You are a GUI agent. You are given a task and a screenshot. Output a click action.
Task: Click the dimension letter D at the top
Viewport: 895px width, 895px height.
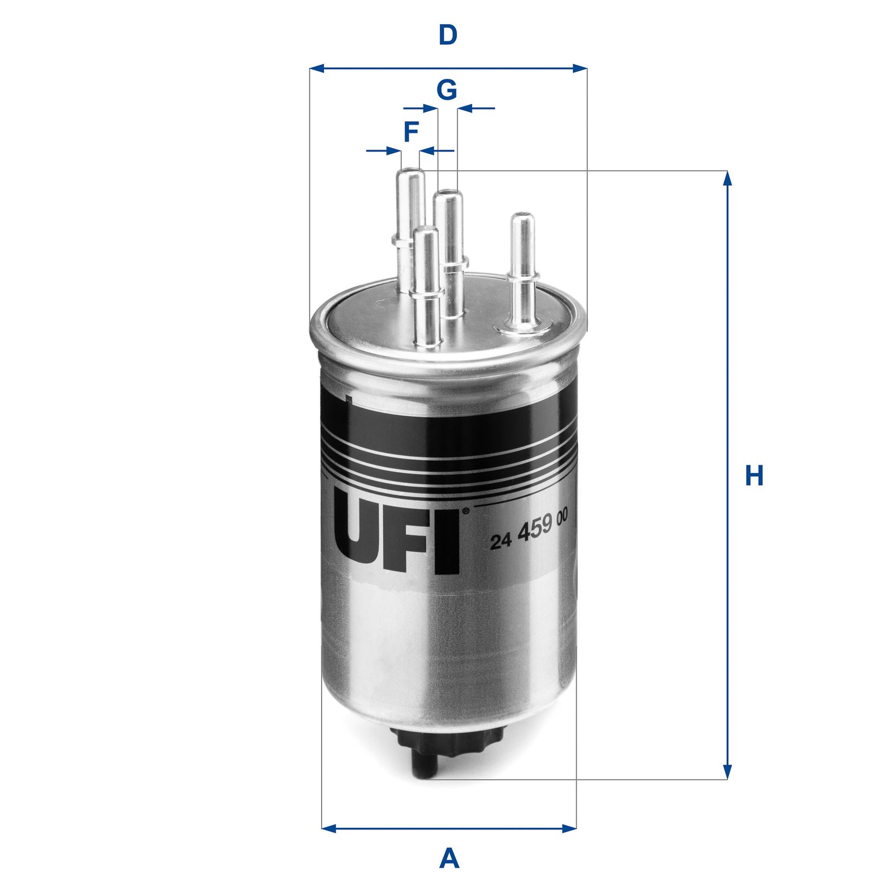click(x=447, y=35)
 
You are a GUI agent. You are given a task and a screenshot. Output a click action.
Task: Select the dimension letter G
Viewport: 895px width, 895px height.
click(x=446, y=89)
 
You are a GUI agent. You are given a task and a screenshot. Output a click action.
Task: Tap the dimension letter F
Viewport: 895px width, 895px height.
click(x=411, y=133)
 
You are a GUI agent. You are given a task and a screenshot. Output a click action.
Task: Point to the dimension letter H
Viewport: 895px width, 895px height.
click(x=754, y=476)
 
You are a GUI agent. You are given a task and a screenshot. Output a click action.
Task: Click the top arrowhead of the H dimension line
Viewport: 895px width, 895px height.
click(x=727, y=178)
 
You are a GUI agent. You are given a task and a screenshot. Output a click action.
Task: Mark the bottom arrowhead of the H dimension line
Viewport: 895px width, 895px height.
click(x=727, y=772)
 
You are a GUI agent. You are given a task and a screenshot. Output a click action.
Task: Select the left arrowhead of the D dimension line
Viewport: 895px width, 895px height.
click(x=317, y=68)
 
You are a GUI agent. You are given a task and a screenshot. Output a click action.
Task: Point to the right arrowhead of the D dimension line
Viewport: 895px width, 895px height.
click(x=580, y=68)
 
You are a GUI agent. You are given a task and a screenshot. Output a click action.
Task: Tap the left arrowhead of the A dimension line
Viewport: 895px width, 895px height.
click(x=329, y=827)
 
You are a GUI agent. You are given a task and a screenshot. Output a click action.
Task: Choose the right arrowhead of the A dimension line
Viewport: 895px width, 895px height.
click(x=569, y=827)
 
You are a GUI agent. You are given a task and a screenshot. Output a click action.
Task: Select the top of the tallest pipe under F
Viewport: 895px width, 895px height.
click(x=409, y=171)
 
